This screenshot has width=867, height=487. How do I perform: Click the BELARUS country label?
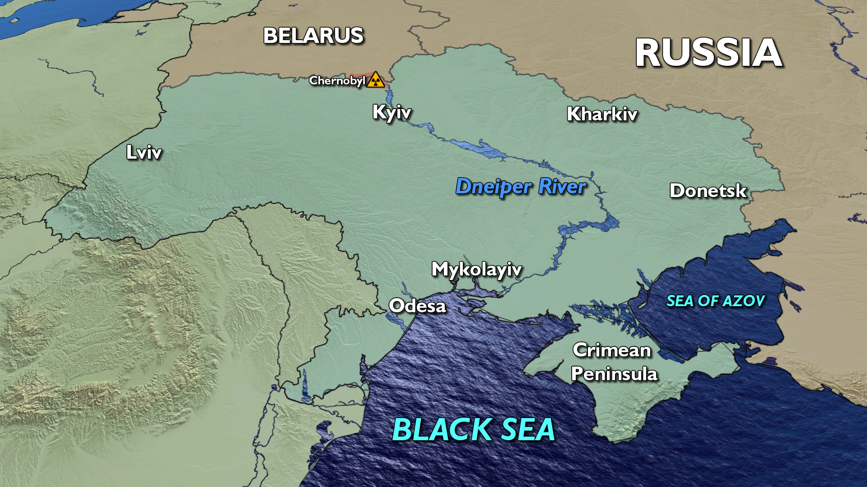[313, 36]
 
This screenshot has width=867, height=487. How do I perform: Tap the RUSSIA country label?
[709, 53]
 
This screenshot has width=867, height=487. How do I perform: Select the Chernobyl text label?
[337, 81]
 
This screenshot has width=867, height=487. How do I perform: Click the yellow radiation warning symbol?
[375, 80]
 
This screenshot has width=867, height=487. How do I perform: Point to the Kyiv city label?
[392, 112]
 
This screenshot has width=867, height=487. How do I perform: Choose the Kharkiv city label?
[602, 114]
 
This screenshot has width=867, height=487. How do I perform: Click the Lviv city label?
[144, 152]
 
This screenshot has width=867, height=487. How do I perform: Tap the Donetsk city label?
[708, 191]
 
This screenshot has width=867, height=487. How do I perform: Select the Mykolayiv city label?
[476, 270]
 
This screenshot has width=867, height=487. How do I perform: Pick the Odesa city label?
[417, 306]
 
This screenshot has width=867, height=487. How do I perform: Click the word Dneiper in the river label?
[494, 187]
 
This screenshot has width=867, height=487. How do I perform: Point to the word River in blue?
[563, 186]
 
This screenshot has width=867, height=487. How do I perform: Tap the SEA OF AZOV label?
[715, 301]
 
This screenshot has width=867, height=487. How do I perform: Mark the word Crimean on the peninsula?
[612, 350]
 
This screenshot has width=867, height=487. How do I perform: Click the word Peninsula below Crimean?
[614, 374]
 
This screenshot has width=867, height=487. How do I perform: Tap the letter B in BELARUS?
[271, 36]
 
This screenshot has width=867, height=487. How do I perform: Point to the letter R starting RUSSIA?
[648, 53]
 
